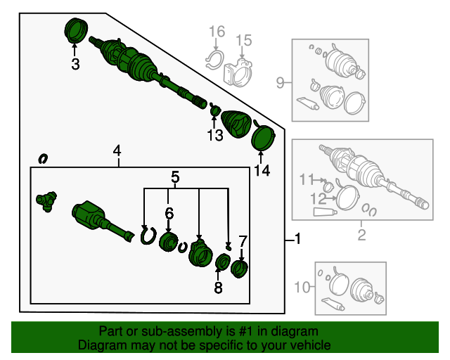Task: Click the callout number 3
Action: tap(75, 64)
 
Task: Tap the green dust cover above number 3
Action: tap(76, 30)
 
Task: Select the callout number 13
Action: tap(215, 135)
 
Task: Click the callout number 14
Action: tap(262, 171)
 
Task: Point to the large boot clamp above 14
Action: tap(263, 137)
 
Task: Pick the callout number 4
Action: tap(117, 150)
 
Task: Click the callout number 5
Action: tap(175, 177)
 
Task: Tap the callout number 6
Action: tap(169, 213)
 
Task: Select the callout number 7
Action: tap(243, 242)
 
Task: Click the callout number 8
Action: tap(218, 288)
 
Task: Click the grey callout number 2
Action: tap(361, 235)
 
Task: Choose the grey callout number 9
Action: tap(280, 83)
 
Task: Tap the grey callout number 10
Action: tap(302, 287)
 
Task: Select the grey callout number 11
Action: tap(307, 180)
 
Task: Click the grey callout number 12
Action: tap(319, 199)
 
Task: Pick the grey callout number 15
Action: tap(244, 41)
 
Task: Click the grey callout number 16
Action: tap(217, 32)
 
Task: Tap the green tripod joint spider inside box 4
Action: tap(46, 202)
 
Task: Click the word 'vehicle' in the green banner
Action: tap(312, 345)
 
